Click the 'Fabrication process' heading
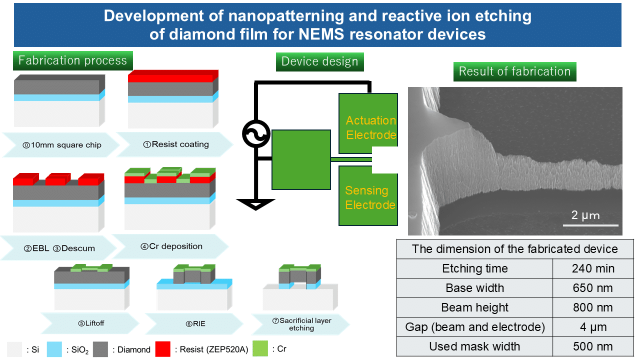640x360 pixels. coord(73,60)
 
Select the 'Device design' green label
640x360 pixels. coord(319,61)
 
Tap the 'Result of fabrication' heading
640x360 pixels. coord(514,71)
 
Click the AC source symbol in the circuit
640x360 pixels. coord(256,133)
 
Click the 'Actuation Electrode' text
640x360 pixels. coord(371,127)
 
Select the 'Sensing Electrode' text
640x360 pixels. coord(370,197)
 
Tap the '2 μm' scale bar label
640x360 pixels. coord(585,215)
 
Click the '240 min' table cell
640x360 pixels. coord(593,268)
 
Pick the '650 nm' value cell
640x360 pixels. coord(593,288)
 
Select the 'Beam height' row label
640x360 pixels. coord(474,307)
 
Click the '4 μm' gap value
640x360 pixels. coord(593,327)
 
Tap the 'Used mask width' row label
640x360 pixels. coord(474,346)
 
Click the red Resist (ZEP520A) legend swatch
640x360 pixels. coord(163,349)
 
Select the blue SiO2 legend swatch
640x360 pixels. coord(54,349)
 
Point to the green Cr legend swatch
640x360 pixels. coord(260,348)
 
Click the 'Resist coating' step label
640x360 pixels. coord(176,144)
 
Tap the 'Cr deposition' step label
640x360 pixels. coord(171,246)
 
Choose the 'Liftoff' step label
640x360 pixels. coord(91,323)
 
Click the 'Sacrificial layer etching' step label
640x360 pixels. coord(301,324)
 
